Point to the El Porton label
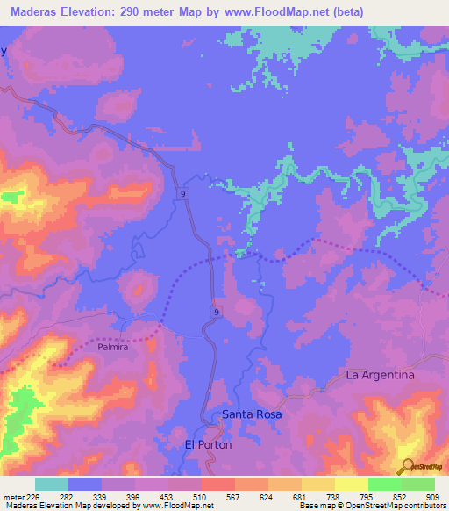pyautogui.click(x=208, y=445)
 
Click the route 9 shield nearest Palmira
pyautogui.click(x=216, y=312)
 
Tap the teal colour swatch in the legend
pyautogui.click(x=52, y=484)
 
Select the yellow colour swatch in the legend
pyautogui.click(x=352, y=484)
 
